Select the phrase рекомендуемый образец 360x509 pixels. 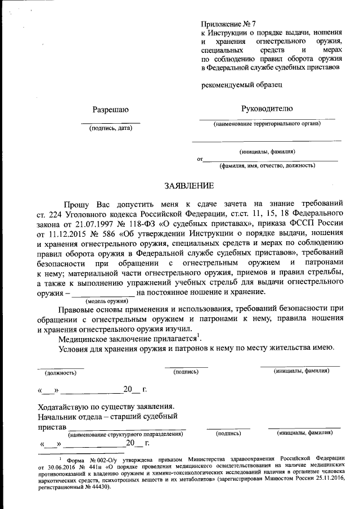click(241, 84)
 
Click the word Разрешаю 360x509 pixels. click(111, 109)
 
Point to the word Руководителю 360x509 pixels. click(267, 109)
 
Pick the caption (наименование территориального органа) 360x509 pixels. click(267, 124)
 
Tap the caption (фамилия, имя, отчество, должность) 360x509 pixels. click(267, 165)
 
